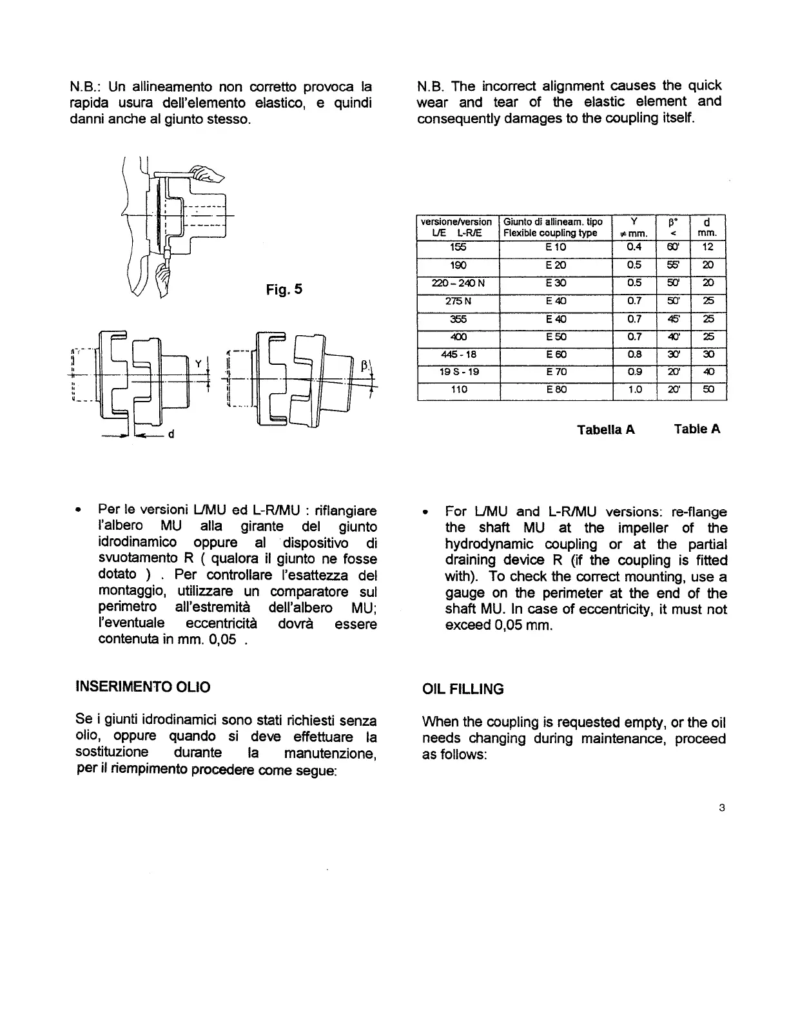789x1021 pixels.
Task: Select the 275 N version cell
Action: coord(458,300)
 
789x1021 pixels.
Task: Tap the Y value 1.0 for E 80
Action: coord(634,389)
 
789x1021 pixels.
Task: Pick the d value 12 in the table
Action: coord(708,247)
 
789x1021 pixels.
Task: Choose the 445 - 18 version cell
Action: coord(458,354)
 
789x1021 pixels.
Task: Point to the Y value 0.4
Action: coord(634,247)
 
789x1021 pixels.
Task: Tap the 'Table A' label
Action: coord(697,429)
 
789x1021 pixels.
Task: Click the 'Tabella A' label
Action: coord(606,430)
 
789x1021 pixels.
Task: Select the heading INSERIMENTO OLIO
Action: coord(143,687)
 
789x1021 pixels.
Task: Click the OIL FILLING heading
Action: coord(462,689)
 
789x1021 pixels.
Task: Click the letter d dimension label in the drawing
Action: coord(171,434)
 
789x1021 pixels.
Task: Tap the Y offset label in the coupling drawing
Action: coord(199,365)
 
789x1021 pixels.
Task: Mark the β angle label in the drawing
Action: coord(364,366)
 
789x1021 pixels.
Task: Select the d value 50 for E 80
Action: coord(708,389)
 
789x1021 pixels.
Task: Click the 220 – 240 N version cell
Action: coord(458,283)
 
